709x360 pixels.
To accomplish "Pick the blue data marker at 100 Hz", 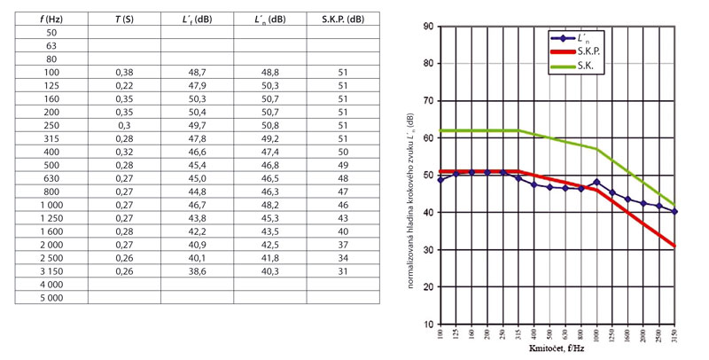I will [x=441, y=180].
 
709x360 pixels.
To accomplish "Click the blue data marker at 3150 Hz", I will [x=675, y=211].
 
